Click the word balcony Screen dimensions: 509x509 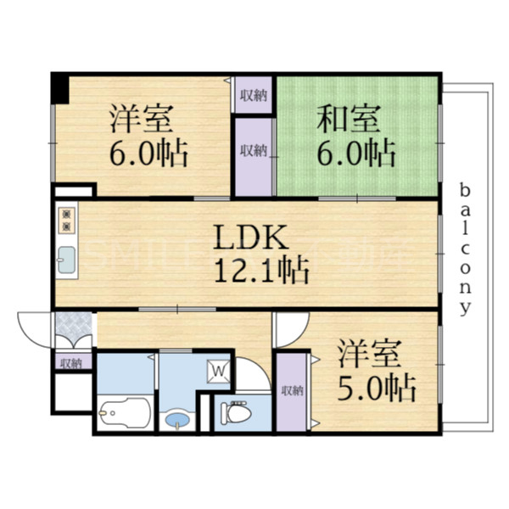465,247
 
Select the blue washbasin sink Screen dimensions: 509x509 177,417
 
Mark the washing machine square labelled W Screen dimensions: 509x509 217,370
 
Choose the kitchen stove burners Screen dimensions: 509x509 66,220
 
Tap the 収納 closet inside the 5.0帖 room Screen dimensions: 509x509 292,390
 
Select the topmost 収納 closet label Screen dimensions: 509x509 253,95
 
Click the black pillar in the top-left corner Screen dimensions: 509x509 59,86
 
